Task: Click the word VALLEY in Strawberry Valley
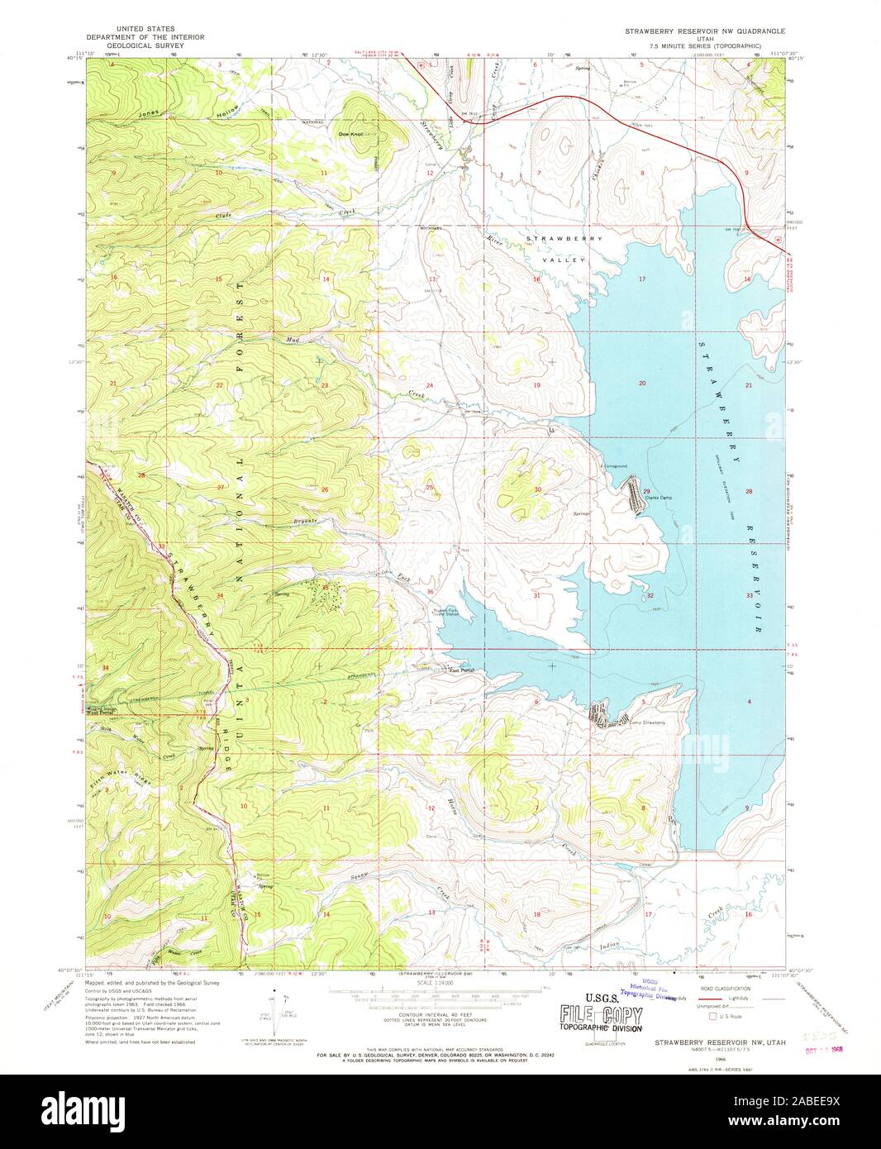tap(565, 260)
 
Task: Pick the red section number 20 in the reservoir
tap(642, 384)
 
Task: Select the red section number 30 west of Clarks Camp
tap(537, 490)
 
